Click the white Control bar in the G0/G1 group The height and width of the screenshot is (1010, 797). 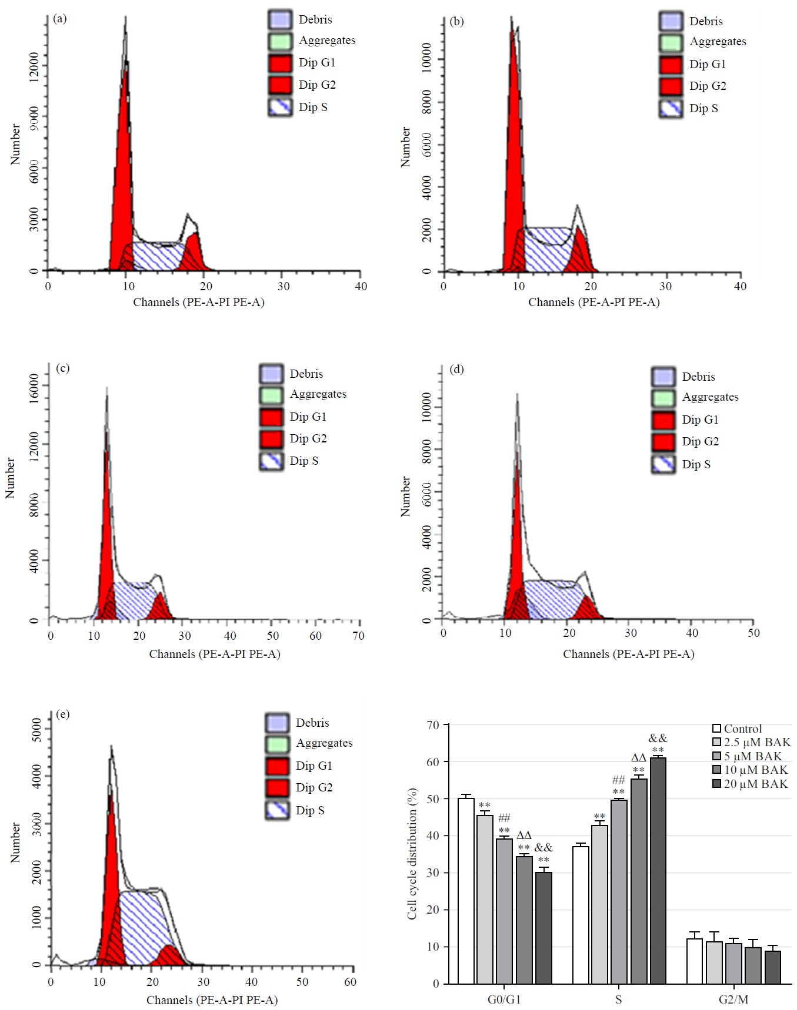point(466,890)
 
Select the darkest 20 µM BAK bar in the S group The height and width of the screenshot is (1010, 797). point(658,870)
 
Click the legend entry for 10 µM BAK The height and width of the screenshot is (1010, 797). point(755,770)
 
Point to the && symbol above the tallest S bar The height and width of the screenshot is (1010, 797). point(658,739)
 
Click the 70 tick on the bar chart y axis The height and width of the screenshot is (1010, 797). point(433,725)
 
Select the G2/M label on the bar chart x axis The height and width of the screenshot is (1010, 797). point(733,999)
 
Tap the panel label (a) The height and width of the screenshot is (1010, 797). point(60,19)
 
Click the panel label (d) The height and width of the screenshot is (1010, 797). point(456,369)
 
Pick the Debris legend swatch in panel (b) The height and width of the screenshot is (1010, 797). point(671,21)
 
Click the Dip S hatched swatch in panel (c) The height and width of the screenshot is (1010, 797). point(271,461)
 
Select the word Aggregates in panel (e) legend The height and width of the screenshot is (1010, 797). point(324,743)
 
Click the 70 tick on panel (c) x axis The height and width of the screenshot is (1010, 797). point(358,636)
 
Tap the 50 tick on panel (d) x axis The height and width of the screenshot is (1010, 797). point(753,633)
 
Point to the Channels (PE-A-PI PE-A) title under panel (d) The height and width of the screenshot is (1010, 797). point(628,654)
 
